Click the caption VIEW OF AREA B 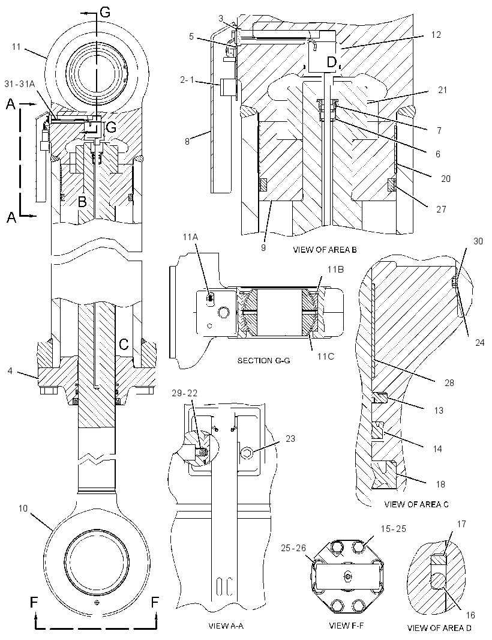pos(325,250)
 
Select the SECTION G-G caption pos(263,360)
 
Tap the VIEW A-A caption pos(226,626)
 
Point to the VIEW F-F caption pos(346,626)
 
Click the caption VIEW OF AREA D pos(439,628)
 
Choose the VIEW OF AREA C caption pos(416,504)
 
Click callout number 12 pos(436,35)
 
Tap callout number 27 pos(442,209)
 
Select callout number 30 pos(478,241)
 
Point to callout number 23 pos(290,439)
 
